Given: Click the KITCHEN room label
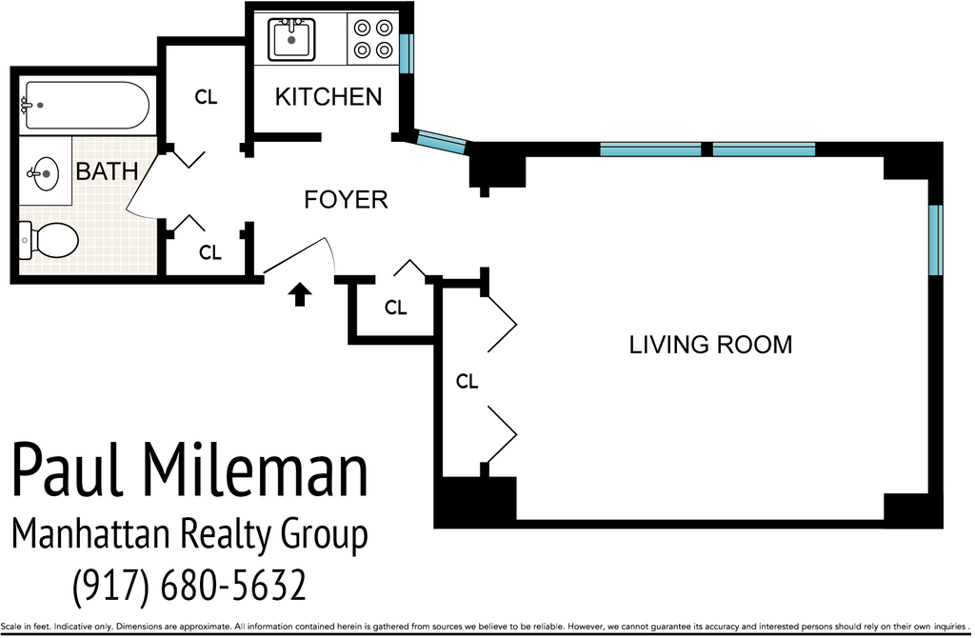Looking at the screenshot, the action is pos(328,97).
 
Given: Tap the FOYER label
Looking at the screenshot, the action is pos(346,200).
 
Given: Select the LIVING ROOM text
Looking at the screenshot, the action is pos(710,345).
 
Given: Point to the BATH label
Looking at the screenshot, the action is pos(107,171).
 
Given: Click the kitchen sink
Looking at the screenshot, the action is pos(291,40).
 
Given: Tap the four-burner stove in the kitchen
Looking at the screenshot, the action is pos(373,38).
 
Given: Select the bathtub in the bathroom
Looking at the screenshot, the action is pos(85,105).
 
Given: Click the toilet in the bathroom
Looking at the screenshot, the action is pos(50,240).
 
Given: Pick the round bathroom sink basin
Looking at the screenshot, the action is pos(44,172).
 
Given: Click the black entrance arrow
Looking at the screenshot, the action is pos(300,294).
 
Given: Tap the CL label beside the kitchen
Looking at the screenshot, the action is pos(206,97).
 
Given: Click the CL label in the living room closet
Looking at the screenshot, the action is pos(467,381).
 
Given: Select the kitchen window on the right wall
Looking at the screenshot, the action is pos(406,53).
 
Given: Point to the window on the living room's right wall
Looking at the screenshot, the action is pos(935,240).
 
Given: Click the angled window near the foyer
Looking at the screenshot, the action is pos(440,142).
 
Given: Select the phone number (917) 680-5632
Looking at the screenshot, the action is pos(189,585).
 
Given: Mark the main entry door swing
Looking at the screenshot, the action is pos(300,255).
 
